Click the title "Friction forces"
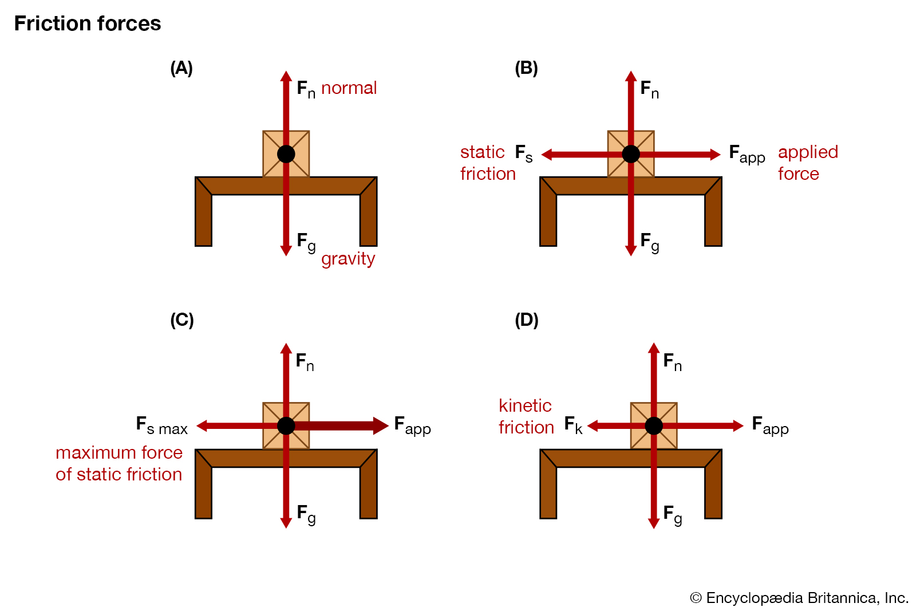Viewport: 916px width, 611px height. click(x=88, y=23)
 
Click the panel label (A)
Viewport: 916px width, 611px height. click(x=181, y=68)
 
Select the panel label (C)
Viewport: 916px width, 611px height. click(x=182, y=320)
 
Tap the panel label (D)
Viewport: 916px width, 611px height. click(x=527, y=320)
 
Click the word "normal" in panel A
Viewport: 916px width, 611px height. click(x=349, y=88)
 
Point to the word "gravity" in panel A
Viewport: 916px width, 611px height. click(x=348, y=259)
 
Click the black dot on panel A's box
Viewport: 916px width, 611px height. click(x=286, y=154)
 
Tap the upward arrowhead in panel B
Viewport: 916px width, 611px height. click(x=631, y=77)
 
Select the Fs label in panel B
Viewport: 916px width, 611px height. click(x=524, y=153)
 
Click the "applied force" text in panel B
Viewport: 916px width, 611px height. click(x=807, y=163)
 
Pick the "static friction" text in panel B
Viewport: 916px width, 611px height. click(x=487, y=163)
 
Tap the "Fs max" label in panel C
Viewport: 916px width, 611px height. click(x=162, y=425)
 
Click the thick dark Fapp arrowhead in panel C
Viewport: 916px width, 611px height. click(x=380, y=425)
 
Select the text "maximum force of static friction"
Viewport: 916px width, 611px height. click(x=119, y=463)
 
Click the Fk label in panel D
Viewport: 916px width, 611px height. click(x=573, y=425)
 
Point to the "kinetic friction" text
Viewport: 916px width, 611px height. click(x=526, y=416)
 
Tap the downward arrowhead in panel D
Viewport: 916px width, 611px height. click(x=654, y=522)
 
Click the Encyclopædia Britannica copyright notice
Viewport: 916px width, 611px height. click(x=799, y=598)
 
